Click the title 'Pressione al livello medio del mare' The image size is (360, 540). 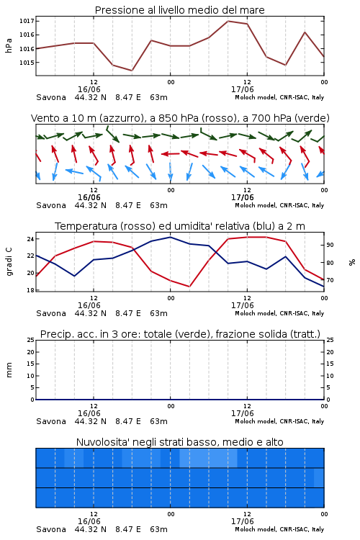[179, 10]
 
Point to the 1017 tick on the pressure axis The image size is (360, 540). [27, 21]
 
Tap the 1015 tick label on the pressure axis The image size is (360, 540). [27, 63]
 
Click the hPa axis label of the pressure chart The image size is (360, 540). [9, 45]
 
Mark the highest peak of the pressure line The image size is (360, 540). [228, 21]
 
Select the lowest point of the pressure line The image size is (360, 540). [132, 71]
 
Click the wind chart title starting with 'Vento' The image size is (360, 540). [180, 118]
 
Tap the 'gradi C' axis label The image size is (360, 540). [9, 262]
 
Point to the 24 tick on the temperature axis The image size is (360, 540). [30, 239]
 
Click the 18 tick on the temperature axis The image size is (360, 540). [30, 290]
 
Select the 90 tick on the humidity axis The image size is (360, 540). [330, 245]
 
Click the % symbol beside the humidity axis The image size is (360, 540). [352, 262]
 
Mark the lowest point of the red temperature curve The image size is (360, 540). [189, 287]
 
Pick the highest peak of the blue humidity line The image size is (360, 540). [170, 237]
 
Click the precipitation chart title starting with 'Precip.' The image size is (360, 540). [180, 334]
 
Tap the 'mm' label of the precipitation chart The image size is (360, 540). [9, 370]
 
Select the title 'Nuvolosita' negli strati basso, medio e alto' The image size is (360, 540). [179, 442]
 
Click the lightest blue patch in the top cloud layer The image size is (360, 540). [208, 458]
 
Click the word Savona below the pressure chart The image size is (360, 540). [51, 97]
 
